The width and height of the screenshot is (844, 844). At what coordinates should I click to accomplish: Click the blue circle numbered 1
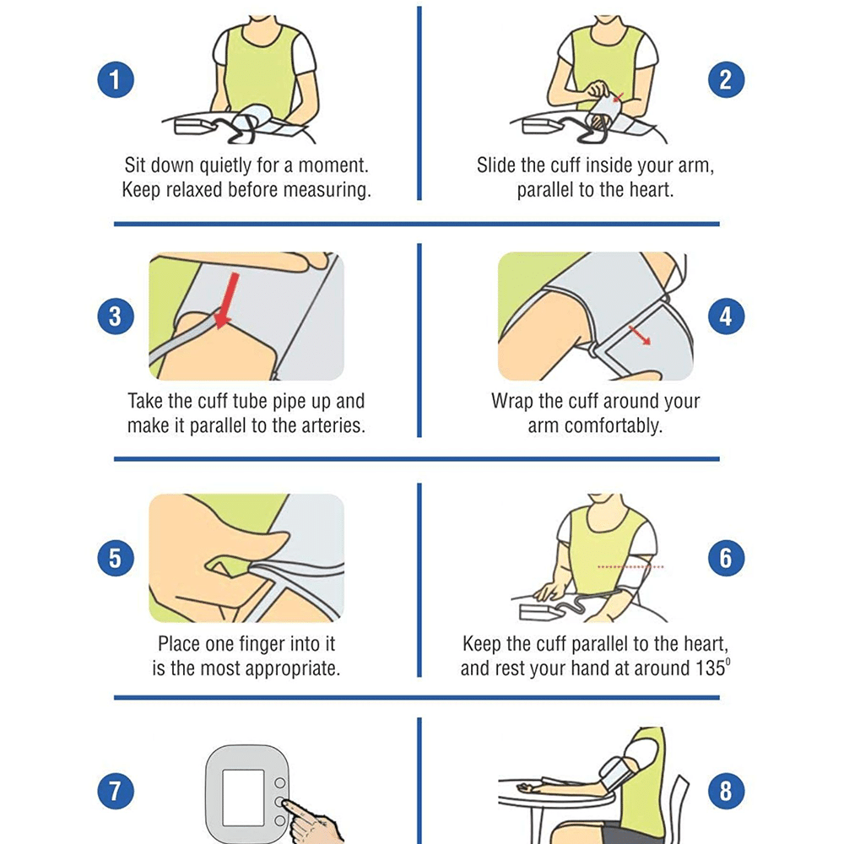tap(116, 79)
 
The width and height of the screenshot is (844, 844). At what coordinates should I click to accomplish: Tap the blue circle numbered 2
tap(726, 79)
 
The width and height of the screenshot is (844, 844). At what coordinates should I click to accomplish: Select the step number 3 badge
tap(116, 316)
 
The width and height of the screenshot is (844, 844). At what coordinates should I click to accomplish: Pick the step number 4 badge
tap(726, 316)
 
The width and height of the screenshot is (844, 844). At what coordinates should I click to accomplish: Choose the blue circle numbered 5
tap(116, 558)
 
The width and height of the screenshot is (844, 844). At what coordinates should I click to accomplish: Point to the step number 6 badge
tap(726, 558)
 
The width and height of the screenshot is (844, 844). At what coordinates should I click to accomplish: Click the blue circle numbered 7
tap(116, 792)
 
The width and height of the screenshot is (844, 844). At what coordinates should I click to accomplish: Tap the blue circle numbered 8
tap(726, 792)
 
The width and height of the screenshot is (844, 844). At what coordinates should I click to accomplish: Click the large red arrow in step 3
tap(226, 300)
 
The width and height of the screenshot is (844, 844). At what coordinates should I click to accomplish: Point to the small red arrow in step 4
tap(640, 335)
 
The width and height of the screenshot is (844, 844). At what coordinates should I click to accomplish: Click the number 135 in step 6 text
tap(710, 668)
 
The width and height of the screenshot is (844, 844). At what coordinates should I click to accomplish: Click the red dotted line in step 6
tap(630, 567)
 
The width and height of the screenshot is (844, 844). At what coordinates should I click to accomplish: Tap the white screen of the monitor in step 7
tap(243, 798)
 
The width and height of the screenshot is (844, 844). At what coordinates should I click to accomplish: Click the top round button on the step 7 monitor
tap(280, 782)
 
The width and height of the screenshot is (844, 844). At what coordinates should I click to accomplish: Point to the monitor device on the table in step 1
tap(195, 127)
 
